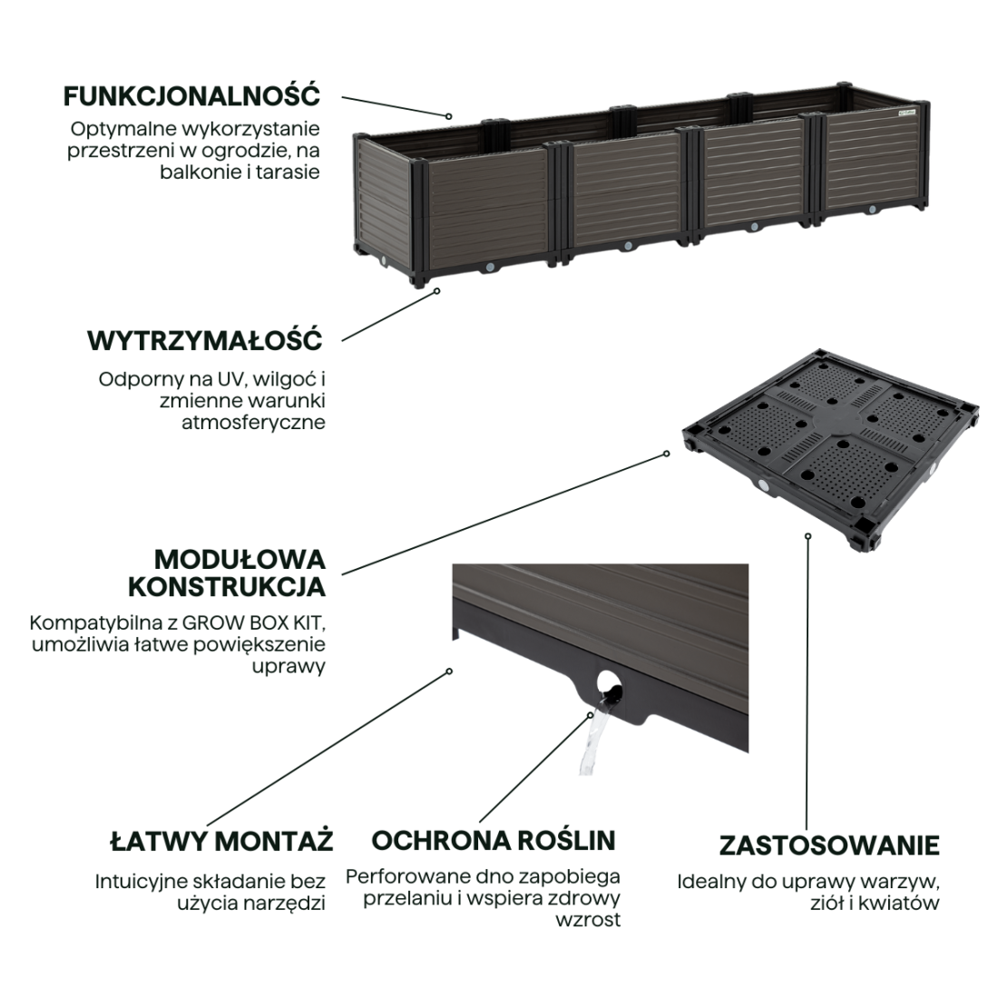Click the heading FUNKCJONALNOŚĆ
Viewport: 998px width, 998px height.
(x=191, y=95)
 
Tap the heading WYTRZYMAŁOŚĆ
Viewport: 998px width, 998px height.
(x=205, y=341)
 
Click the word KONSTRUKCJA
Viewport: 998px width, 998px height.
(x=227, y=587)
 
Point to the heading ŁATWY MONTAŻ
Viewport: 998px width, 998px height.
(x=221, y=840)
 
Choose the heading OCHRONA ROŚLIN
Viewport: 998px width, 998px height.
(x=493, y=840)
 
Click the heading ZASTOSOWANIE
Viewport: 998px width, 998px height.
(x=829, y=846)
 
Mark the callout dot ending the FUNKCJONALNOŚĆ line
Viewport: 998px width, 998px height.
(x=448, y=116)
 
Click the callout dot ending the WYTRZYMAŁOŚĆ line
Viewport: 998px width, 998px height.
(x=436, y=291)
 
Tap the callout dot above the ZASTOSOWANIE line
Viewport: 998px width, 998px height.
(x=807, y=535)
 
